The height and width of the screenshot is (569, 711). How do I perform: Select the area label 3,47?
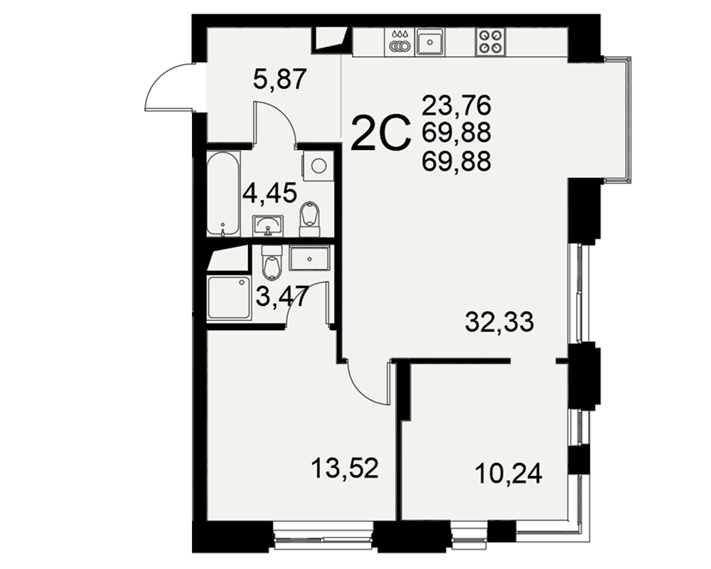pyautogui.click(x=282, y=297)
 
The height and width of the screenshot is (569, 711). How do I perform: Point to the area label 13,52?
pyautogui.click(x=345, y=468)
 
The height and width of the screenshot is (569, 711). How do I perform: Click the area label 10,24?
pyautogui.click(x=508, y=474)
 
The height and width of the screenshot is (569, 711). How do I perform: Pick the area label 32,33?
pyautogui.click(x=500, y=322)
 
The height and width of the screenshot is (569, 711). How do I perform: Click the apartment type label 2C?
pyautogui.click(x=380, y=132)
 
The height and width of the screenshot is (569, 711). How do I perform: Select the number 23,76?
pyautogui.click(x=456, y=106)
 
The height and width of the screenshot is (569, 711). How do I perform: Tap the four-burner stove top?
pyautogui.click(x=490, y=41)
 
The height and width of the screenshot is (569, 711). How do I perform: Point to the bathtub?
pyautogui.click(x=223, y=193)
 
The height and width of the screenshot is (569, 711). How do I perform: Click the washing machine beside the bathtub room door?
pyautogui.click(x=318, y=166)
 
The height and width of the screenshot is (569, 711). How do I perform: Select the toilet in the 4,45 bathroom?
pyautogui.click(x=310, y=219)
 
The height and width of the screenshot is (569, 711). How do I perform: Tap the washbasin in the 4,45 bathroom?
pyautogui.click(x=267, y=225)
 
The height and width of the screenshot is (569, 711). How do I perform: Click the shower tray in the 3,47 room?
pyautogui.click(x=228, y=298)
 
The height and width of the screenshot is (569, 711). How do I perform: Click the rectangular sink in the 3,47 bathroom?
pyautogui.click(x=309, y=259)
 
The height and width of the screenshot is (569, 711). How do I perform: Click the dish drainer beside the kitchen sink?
pyautogui.click(x=400, y=42)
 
